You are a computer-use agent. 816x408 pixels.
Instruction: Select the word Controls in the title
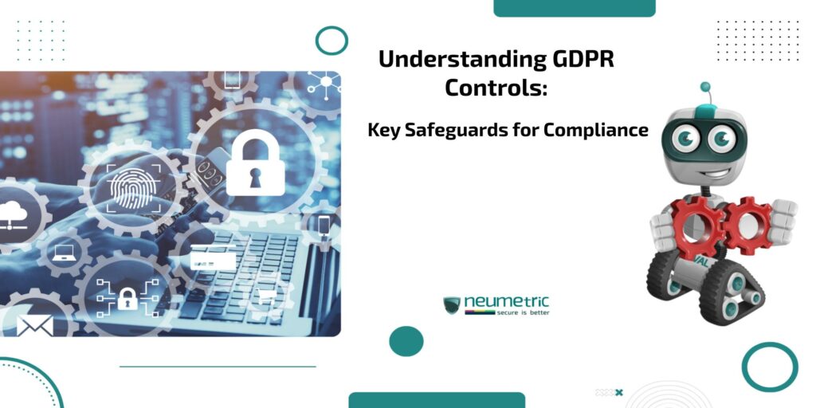coord(496,88)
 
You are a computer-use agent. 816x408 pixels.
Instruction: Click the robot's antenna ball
coord(705,86)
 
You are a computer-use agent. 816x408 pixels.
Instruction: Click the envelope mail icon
coord(34,326)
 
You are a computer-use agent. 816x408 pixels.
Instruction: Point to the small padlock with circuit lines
coord(126,299)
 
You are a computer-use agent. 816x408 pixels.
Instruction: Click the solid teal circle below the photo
coord(406,341)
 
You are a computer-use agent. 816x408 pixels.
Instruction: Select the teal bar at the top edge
coord(574,8)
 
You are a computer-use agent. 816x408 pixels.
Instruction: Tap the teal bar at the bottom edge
coord(436,399)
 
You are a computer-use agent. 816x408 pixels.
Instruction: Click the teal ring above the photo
coord(331,40)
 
